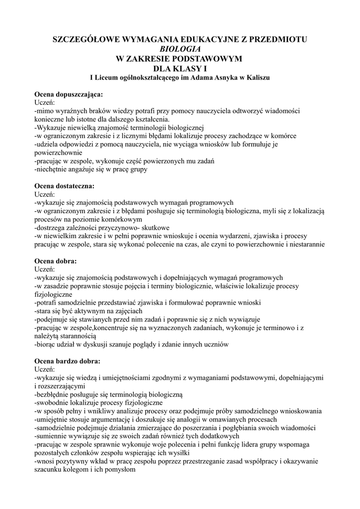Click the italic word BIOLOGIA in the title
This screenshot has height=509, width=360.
180,49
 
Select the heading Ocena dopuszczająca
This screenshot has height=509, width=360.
69,94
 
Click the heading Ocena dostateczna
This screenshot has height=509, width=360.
64,186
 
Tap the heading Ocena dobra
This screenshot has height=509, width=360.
56,261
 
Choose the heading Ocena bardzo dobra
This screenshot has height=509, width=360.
67,361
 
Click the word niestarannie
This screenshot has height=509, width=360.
304,244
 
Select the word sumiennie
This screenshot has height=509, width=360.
51,436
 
